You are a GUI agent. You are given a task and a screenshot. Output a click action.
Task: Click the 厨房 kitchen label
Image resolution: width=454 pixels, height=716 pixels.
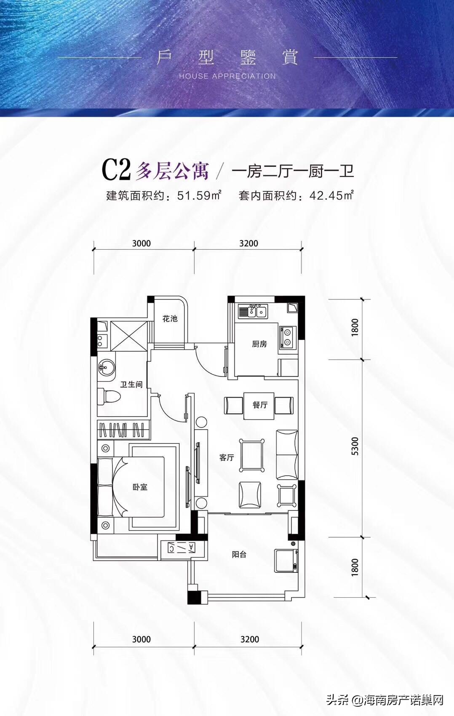(x=259, y=344)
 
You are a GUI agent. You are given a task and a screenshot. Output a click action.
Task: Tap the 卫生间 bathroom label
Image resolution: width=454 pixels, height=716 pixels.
(x=131, y=385)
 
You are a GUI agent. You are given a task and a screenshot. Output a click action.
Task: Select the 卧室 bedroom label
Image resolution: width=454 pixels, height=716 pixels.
(x=140, y=487)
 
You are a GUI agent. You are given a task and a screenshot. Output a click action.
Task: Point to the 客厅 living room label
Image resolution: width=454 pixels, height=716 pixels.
(x=227, y=457)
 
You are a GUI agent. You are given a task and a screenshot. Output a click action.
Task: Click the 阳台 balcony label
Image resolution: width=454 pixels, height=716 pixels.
(x=239, y=555)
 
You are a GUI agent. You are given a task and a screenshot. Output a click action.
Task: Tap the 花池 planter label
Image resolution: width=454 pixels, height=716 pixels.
(x=170, y=319)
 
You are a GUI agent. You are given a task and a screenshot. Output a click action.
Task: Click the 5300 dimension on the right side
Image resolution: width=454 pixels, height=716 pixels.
(x=355, y=446)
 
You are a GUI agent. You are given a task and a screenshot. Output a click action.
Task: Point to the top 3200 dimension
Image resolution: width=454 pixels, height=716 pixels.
(x=248, y=243)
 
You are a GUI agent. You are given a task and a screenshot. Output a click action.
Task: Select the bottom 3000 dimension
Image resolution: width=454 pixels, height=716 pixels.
(x=142, y=639)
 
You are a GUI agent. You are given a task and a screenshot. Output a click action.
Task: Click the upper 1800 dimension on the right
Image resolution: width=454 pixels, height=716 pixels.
(x=355, y=327)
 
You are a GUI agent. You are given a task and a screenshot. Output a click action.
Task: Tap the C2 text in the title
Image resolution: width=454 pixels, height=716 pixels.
(x=115, y=170)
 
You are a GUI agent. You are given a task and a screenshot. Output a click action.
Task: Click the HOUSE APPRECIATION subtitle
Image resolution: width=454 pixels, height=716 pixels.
(x=227, y=76)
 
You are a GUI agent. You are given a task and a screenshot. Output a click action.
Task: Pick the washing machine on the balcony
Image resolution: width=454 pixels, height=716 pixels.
(x=287, y=560)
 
